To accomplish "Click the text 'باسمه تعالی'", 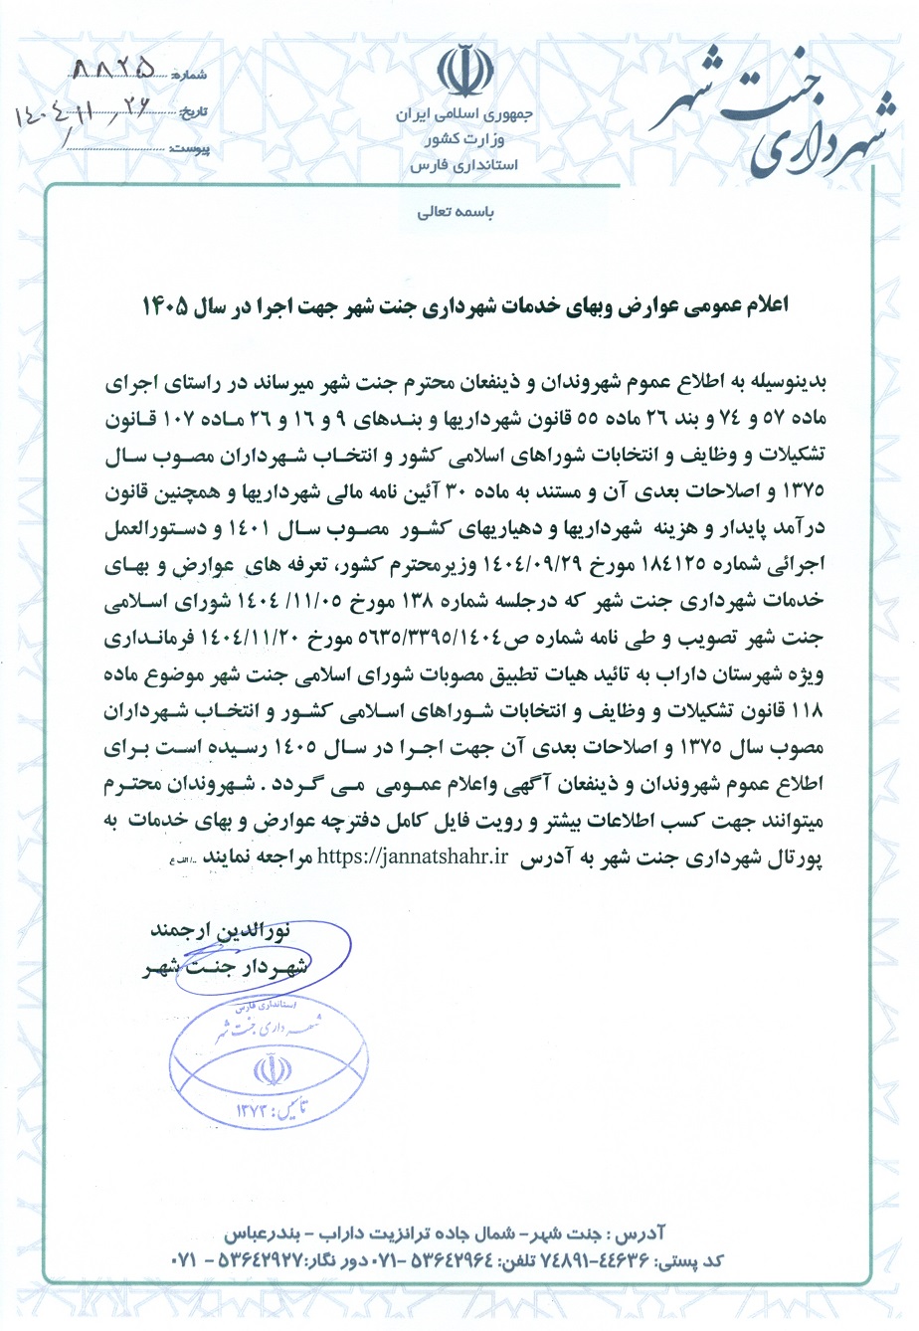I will (x=460, y=213).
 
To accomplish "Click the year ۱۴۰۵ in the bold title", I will (x=165, y=306).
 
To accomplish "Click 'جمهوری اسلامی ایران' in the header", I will (x=466, y=116).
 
